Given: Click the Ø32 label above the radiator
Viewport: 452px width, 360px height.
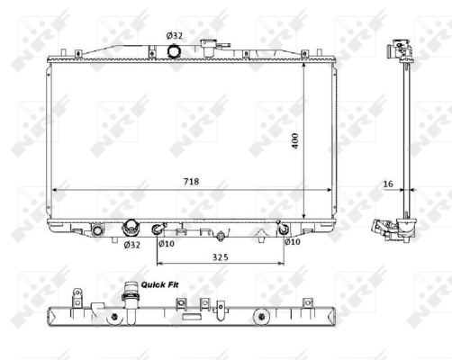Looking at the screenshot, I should pos(175,35).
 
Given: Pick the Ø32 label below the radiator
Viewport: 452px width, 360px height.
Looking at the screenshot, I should pos(131,244).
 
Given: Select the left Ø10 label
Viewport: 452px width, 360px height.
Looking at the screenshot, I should pos(166,242).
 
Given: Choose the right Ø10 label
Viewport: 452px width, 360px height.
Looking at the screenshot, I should pos(292,241).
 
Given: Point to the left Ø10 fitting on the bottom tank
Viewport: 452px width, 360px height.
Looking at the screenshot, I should pos(158,227).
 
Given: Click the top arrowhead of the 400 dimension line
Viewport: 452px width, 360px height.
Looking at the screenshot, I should pos(305,65).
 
